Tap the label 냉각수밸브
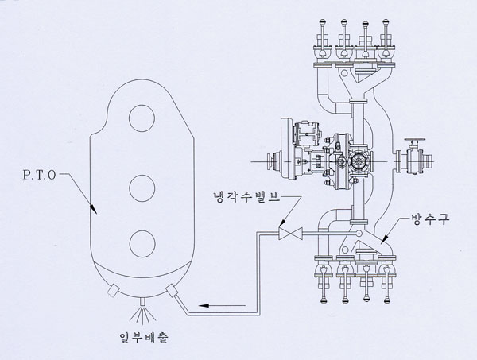239,196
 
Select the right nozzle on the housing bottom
171,290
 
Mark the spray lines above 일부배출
142,309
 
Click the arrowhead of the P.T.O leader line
94,211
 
